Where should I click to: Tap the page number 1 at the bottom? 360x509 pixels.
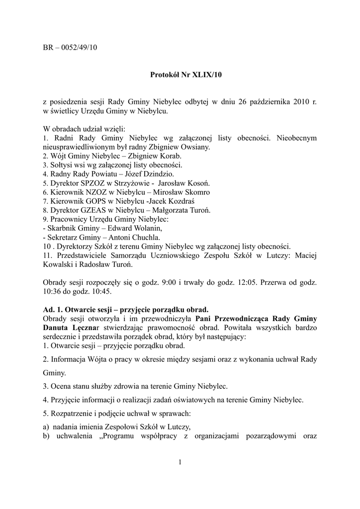(180, 463)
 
